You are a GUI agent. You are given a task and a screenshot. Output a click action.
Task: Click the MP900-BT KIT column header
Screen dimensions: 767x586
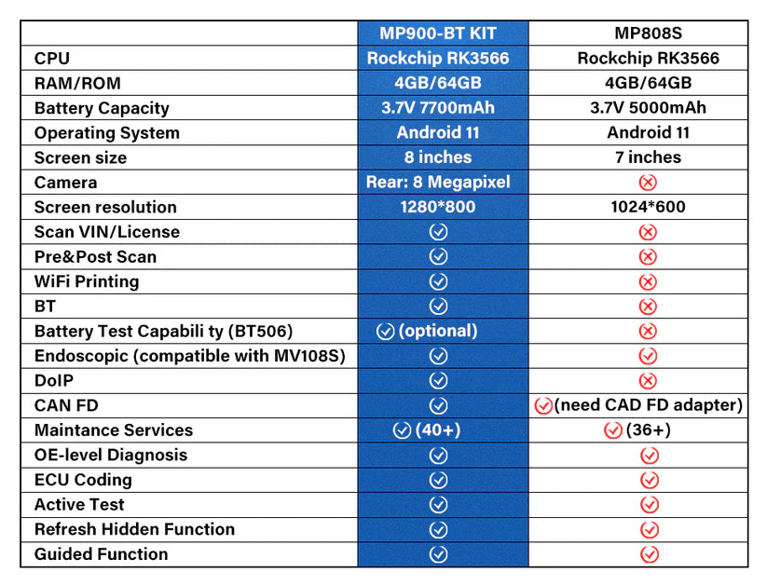438,34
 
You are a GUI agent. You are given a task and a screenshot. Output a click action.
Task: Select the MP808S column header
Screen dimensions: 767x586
648,34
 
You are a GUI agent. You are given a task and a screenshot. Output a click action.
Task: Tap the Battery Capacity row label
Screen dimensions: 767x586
102,108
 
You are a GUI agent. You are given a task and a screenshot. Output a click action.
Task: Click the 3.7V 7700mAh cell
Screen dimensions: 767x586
438,108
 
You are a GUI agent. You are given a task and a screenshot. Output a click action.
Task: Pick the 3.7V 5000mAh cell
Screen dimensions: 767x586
648,108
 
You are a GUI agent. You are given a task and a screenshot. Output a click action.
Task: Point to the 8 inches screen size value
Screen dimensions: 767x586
438,157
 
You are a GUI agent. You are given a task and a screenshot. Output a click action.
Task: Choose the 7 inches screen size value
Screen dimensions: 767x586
648,157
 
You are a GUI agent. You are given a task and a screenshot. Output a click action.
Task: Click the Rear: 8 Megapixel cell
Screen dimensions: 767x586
438,182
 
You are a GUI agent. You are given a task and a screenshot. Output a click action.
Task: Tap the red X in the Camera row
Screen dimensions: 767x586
648,183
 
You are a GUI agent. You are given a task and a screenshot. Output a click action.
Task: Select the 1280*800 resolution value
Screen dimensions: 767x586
438,207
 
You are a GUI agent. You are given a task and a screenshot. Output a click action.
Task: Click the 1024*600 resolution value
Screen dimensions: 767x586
648,207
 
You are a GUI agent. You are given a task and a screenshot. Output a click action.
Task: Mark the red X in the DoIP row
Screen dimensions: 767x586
648,380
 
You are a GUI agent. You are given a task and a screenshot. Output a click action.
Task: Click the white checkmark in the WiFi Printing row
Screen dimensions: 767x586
438,281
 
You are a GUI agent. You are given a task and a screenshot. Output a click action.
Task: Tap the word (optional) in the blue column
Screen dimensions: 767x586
438,331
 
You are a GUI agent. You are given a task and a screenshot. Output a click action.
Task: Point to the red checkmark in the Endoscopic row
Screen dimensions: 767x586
648,356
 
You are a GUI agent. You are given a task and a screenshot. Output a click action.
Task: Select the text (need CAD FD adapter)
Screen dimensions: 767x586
648,405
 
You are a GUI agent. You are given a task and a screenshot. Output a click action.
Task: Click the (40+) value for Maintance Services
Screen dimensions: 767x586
438,430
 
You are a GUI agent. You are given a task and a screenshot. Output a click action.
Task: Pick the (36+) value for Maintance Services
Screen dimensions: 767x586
648,430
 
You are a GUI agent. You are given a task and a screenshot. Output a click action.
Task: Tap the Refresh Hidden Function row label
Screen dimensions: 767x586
134,529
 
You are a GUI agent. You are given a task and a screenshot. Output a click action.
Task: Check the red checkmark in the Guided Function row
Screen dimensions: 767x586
650,554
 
